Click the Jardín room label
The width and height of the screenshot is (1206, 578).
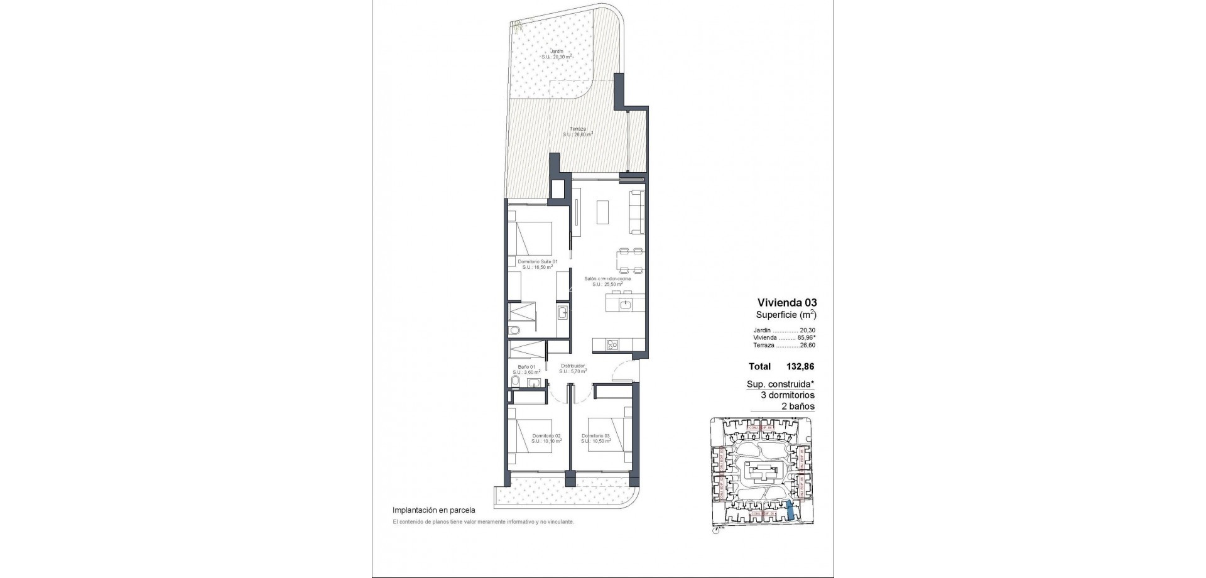click(x=557, y=51)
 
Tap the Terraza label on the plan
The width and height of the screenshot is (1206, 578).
click(x=577, y=129)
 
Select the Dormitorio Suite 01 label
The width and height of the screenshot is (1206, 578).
click(x=537, y=261)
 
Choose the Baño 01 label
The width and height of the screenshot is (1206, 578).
click(x=526, y=367)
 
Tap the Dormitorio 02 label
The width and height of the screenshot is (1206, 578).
click(x=546, y=435)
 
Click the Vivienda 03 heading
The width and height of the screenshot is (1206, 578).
click(x=787, y=302)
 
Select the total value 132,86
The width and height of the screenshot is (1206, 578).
click(x=801, y=366)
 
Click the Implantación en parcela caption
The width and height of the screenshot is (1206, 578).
click(x=433, y=510)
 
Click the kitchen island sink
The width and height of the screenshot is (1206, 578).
click(x=625, y=305)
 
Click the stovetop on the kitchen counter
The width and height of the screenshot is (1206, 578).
click(x=171, y=344)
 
